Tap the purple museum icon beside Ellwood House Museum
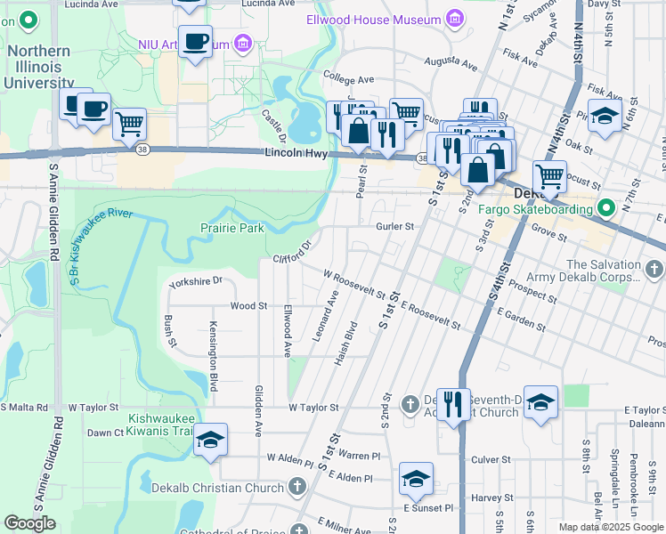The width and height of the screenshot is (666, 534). click(455, 19)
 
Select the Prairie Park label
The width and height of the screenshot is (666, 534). click(238, 229)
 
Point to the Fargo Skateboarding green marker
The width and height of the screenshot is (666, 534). click(607, 209)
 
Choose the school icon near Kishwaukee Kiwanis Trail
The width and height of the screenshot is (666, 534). click(210, 440)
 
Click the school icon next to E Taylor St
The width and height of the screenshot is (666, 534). click(541, 402)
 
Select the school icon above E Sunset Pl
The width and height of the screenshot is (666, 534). click(416, 479)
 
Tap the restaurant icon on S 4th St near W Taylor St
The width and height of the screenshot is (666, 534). click(453, 404)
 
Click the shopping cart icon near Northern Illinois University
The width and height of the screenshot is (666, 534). click(130, 123)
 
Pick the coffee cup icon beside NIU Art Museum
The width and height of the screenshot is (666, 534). click(195, 39)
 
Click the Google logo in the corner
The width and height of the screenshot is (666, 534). click(29, 523)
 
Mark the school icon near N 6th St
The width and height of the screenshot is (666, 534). click(605, 116)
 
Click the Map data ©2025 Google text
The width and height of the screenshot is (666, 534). click(611, 526)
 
